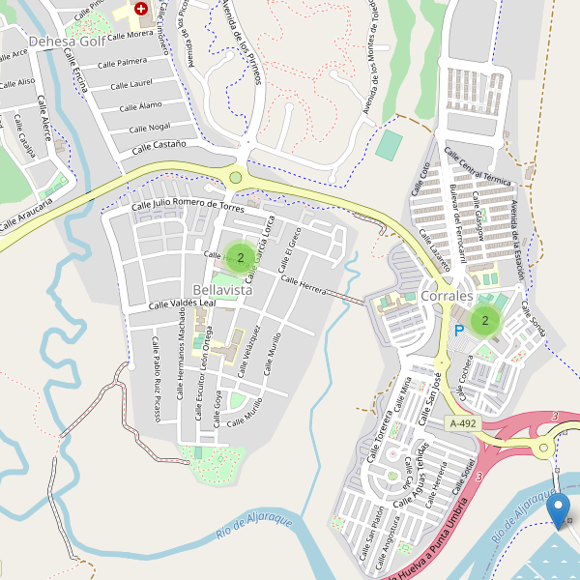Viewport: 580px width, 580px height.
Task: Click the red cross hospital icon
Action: pos(142,8)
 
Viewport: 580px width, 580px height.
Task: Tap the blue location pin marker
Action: pos(558,508)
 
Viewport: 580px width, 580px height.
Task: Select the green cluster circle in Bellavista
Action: pos(240,257)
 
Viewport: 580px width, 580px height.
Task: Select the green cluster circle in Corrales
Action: pos(484,320)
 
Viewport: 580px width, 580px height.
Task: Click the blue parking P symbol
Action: pos(459,330)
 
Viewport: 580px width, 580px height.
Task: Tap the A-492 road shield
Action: pos(462,423)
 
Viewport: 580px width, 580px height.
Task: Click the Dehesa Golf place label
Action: pos(66,42)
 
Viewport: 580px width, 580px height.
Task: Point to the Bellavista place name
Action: pos(222,290)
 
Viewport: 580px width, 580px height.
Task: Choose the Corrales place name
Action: pos(447,295)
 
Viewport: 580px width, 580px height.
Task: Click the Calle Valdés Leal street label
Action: pos(181,304)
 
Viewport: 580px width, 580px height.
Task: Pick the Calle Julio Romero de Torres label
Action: pos(188,206)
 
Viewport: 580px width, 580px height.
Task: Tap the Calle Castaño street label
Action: pos(159,146)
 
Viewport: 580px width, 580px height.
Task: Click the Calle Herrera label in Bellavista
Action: pos(304,284)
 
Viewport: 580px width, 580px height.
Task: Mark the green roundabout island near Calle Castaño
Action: pos(236,177)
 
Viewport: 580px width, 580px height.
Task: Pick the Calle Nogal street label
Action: pos(145,127)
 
